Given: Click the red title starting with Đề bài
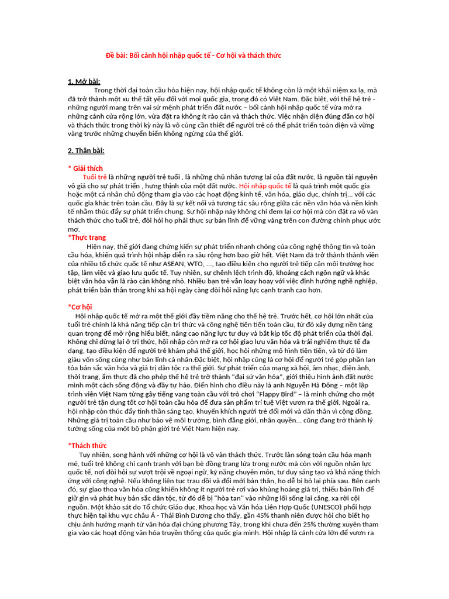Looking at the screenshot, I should (x=193, y=56).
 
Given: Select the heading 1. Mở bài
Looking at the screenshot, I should (x=84, y=81).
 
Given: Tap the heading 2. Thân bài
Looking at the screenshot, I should (x=86, y=151).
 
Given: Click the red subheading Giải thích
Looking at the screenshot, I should (x=87, y=168).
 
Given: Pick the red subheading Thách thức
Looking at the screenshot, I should (x=88, y=446).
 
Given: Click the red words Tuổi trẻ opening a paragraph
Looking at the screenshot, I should (x=95, y=177).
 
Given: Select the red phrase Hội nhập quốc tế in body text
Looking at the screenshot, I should (x=265, y=185).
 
